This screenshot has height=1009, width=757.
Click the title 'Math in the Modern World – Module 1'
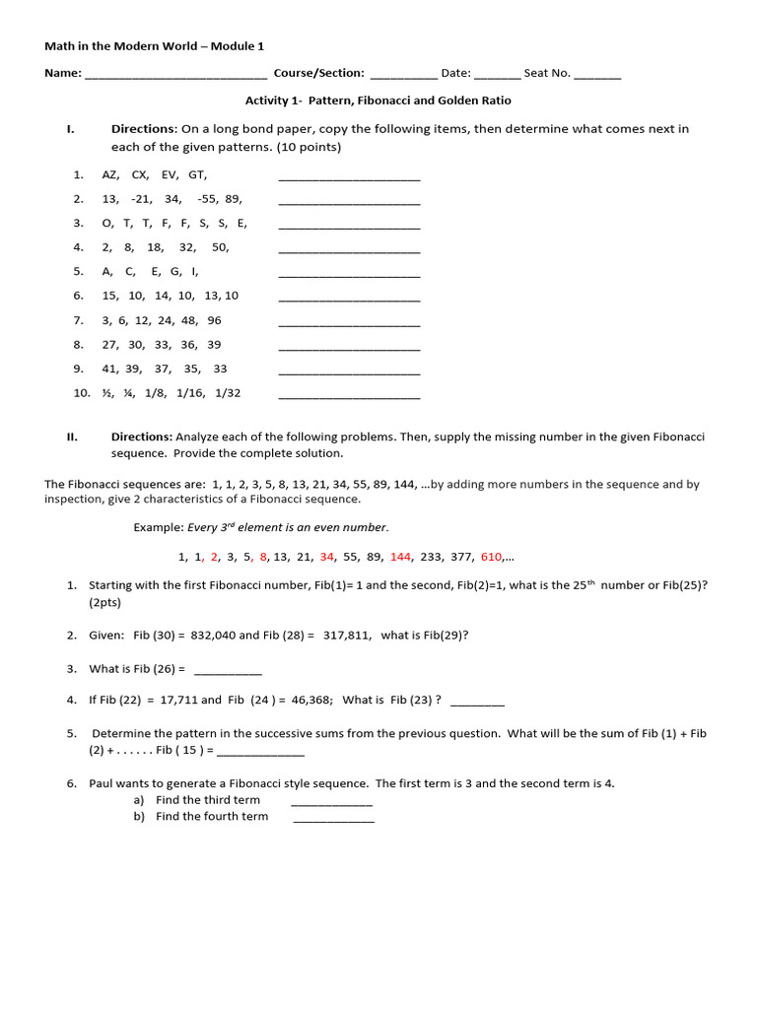tap(154, 46)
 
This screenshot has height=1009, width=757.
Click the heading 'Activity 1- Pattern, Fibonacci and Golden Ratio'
tap(378, 101)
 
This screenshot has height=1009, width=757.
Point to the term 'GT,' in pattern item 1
tap(198, 174)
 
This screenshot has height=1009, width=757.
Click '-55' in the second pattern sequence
tap(207, 199)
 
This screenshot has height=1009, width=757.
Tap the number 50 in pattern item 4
tap(220, 247)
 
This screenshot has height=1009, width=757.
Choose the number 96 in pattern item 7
tap(214, 320)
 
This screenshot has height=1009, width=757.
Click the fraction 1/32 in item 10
tap(227, 393)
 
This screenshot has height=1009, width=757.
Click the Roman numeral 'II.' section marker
tap(72, 437)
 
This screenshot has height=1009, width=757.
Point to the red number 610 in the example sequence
tap(491, 557)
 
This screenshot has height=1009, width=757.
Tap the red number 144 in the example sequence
tap(400, 557)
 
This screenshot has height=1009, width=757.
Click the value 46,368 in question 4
tap(312, 701)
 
